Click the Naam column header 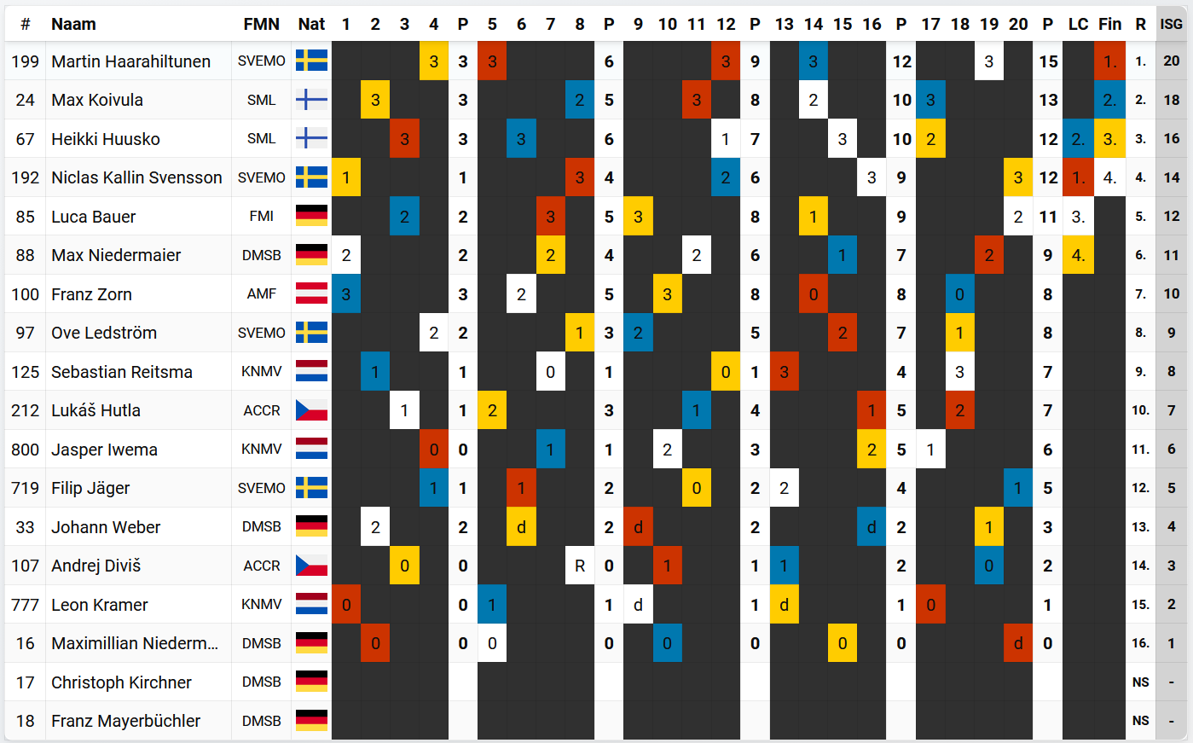tap(73, 24)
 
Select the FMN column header tap(261, 24)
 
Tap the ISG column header tap(1171, 24)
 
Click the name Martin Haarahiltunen tap(130, 61)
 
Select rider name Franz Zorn tap(91, 294)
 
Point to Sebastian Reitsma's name tap(121, 372)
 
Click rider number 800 tap(25, 450)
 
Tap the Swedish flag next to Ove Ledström tap(311, 333)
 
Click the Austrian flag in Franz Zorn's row tap(311, 294)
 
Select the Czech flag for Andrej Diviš tap(311, 566)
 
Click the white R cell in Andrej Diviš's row tap(580, 566)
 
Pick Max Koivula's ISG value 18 tap(1171, 100)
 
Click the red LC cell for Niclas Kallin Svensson tap(1078, 177)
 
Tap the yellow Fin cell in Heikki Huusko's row tap(1109, 139)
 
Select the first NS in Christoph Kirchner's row tap(1140, 682)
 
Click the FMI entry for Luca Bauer tap(261, 217)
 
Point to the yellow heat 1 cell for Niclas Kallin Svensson tap(346, 177)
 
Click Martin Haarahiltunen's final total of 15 tap(1048, 61)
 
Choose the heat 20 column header tap(1018, 24)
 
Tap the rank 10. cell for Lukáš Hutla tap(1140, 410)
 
